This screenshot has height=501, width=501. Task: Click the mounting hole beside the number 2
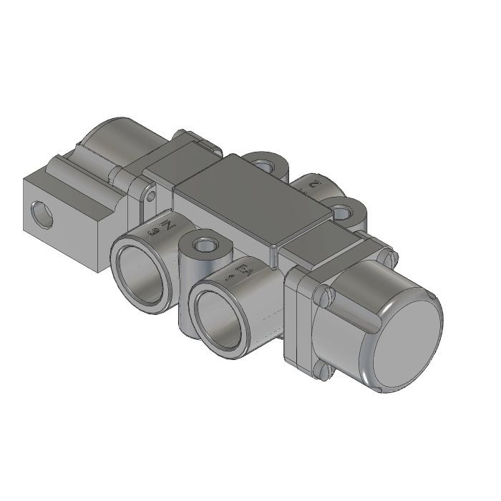click(x=344, y=212)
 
